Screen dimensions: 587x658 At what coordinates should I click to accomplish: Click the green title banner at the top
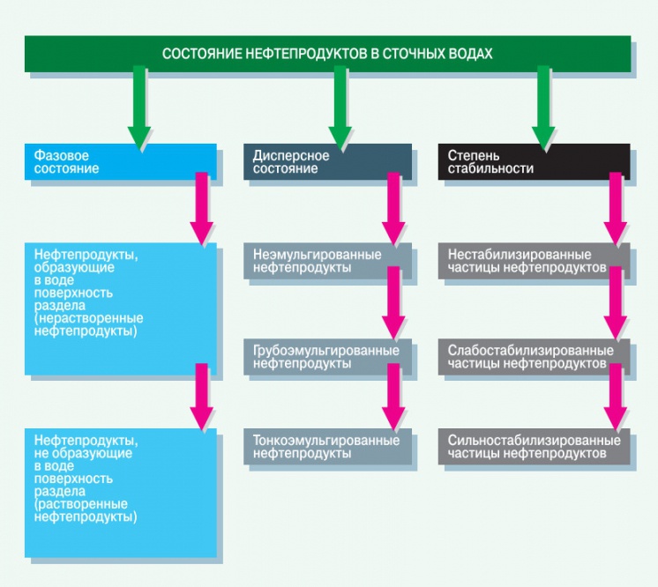coord(326,54)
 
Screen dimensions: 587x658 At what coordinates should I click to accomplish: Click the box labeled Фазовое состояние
coord(120,161)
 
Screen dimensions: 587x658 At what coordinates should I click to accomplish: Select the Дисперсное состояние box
coord(327,161)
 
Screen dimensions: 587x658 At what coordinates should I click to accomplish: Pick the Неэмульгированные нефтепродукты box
coord(326,261)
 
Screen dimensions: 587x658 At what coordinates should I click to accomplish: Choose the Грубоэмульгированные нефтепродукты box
coord(326,356)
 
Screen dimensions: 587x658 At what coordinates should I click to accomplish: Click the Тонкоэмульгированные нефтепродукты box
coord(326,447)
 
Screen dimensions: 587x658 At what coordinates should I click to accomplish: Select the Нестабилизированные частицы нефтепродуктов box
coord(535,261)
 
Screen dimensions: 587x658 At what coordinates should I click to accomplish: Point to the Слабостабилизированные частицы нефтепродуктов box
coord(535,356)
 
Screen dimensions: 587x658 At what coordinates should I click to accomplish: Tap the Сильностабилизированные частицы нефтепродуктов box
coord(535,447)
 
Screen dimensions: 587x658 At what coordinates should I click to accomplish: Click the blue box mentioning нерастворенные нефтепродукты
coord(120,308)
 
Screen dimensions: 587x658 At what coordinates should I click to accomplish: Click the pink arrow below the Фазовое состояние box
coord(202,209)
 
